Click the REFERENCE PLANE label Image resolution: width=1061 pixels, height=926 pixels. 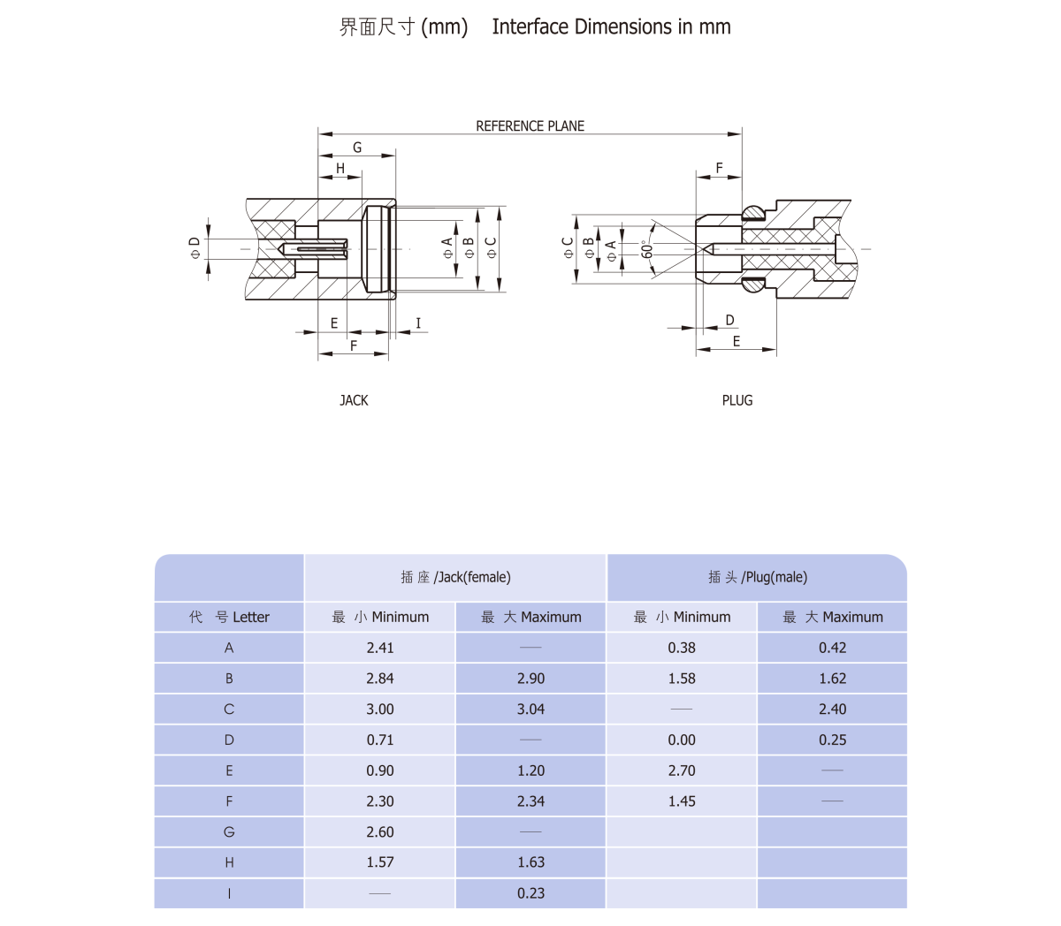coord(530,126)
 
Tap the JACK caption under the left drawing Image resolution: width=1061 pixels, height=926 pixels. coord(354,400)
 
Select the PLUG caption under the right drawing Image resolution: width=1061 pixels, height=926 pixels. coord(737,400)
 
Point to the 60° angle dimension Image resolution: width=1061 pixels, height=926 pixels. coord(647,249)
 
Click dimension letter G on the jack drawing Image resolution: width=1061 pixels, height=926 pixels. coord(357,148)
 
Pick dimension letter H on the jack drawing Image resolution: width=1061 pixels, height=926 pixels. coord(340,168)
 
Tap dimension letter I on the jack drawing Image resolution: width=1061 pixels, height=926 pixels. coord(418,323)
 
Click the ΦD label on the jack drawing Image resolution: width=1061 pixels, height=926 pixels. coord(195,248)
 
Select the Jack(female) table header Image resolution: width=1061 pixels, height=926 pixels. coord(455,577)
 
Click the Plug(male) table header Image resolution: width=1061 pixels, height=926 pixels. coord(757,577)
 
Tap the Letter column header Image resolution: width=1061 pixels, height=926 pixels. coord(229,617)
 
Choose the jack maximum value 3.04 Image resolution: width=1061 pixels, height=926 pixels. coord(530,710)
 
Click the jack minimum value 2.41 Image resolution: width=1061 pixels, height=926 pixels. coord(380,648)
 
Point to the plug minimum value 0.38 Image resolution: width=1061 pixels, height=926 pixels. coord(682,648)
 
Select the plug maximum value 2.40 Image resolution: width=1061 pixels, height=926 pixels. coord(832,710)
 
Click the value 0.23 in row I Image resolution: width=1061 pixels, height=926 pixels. coord(530,893)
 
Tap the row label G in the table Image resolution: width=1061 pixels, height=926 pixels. coord(229,832)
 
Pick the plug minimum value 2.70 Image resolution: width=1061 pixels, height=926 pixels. coord(682,770)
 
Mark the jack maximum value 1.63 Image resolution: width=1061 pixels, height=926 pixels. coord(530,862)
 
